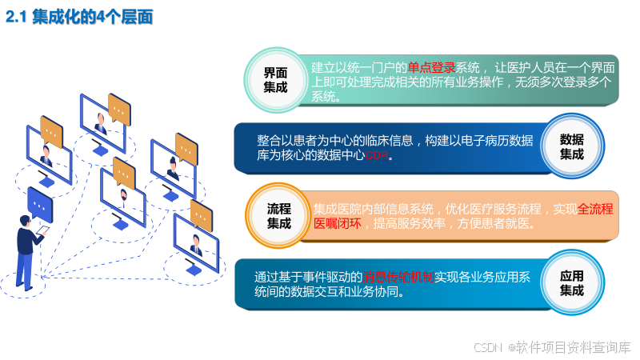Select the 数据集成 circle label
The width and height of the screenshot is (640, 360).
(x=571, y=146)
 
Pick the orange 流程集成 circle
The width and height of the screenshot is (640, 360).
(x=278, y=216)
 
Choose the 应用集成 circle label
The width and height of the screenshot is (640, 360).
(x=571, y=283)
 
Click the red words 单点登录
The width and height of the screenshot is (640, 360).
(x=431, y=68)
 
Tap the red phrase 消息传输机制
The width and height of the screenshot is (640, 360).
(x=398, y=277)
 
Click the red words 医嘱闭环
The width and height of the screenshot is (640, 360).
(x=337, y=224)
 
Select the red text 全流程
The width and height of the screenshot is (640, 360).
(x=595, y=209)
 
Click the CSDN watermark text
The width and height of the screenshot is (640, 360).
(x=487, y=347)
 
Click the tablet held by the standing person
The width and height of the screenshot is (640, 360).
(x=41, y=232)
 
